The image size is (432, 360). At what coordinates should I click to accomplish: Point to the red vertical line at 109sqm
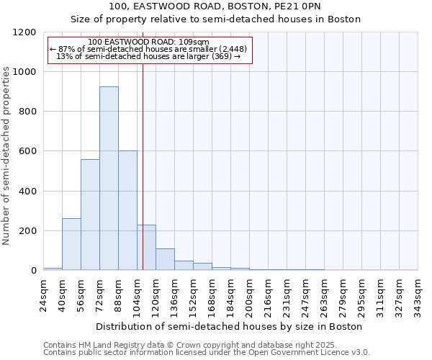pyautogui.click(x=143, y=180)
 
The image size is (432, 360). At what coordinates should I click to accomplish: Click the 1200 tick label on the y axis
pyautogui.click(x=24, y=32)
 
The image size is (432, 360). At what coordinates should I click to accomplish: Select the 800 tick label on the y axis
pyautogui.click(x=27, y=112)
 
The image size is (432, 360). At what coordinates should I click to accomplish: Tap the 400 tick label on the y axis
pyautogui.click(x=27, y=192)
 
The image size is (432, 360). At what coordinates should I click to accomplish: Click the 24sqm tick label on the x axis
pyautogui.click(x=44, y=294)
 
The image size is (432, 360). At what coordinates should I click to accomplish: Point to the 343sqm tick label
pyautogui.click(x=418, y=296)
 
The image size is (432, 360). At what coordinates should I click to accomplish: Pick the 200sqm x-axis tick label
pyautogui.click(x=249, y=296)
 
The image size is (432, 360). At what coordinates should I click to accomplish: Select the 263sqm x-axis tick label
pyautogui.click(x=324, y=296)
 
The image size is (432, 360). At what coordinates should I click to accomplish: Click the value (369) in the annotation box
pyautogui.click(x=220, y=56)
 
